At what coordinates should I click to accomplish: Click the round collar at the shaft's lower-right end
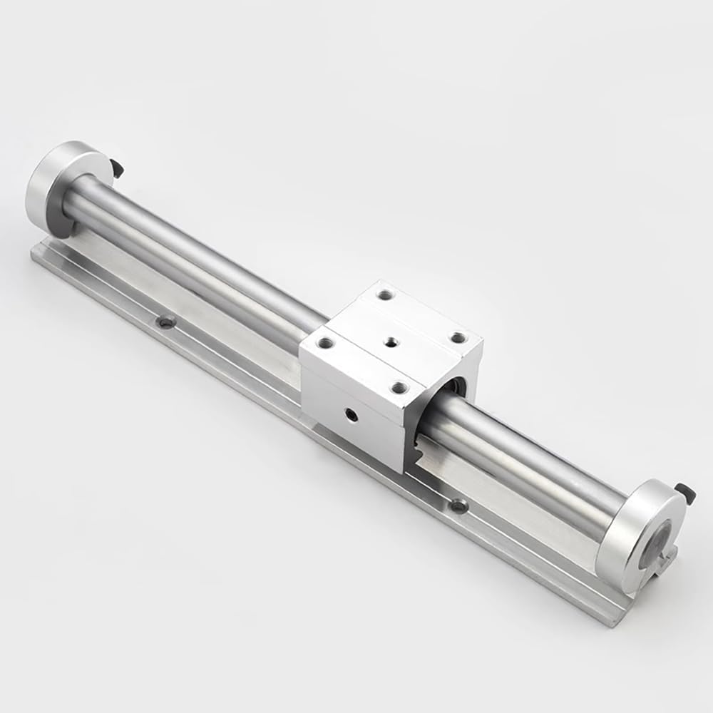pos(636,536)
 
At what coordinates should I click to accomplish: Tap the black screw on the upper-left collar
pos(118,168)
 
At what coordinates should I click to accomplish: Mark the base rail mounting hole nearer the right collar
pos(458,505)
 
